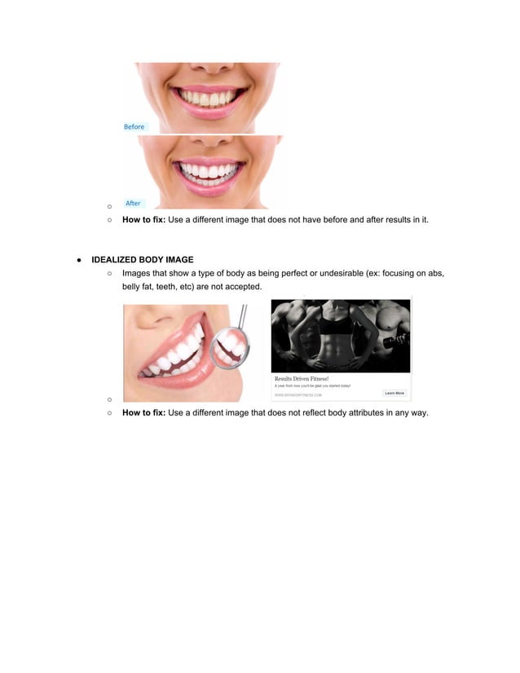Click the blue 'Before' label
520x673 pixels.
click(134, 127)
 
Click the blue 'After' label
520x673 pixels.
click(133, 203)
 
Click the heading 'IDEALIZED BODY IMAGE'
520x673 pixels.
click(143, 260)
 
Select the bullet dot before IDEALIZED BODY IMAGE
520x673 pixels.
click(79, 260)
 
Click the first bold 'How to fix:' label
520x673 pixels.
click(143, 219)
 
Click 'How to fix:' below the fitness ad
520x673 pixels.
click(143, 413)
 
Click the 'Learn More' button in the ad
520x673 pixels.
click(394, 393)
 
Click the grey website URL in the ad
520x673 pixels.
click(298, 394)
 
